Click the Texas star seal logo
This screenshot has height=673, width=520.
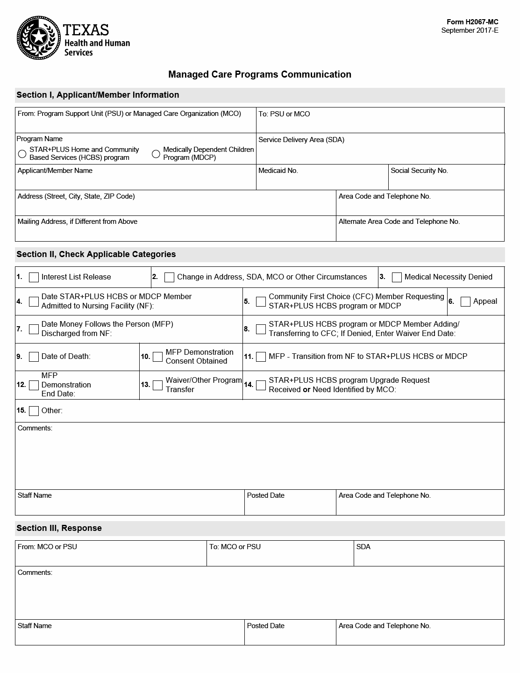click(39, 37)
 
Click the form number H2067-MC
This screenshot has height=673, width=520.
click(472, 22)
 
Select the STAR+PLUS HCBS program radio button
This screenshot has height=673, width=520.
click(22, 154)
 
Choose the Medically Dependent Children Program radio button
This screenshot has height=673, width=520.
click(156, 154)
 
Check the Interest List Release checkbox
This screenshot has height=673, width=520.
click(34, 278)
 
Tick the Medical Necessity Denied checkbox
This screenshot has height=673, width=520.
click(397, 278)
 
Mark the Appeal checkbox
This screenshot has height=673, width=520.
click(465, 301)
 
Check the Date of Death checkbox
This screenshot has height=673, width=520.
click(34, 357)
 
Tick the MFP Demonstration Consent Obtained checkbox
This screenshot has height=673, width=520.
click(158, 357)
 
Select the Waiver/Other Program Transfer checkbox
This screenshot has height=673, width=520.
click(158, 385)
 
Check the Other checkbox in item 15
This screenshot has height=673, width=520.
click(34, 411)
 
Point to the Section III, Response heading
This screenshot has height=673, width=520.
click(59, 528)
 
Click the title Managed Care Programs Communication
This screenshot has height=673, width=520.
click(260, 74)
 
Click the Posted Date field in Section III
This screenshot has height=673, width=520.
click(290, 637)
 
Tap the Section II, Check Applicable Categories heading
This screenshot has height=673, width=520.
click(96, 254)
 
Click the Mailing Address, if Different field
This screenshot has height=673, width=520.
click(175, 232)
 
